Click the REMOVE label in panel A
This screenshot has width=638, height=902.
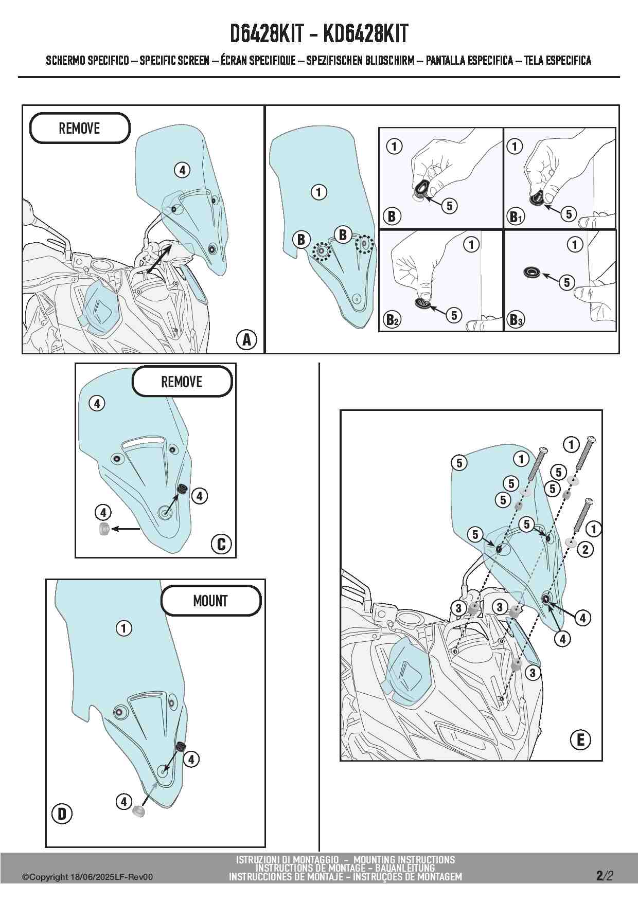79,128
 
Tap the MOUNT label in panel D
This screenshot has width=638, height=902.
210,601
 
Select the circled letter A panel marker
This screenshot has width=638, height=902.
246,339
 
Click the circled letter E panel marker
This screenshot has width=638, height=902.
580,740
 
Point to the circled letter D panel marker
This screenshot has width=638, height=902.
62,814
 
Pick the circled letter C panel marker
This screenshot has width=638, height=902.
221,544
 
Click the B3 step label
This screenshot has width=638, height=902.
516,320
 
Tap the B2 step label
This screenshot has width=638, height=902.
392,320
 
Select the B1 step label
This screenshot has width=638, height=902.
516,217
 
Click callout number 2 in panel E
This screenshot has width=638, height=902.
585,549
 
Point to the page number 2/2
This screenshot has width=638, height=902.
605,875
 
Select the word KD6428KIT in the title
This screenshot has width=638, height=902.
365,34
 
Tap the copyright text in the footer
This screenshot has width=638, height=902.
87,877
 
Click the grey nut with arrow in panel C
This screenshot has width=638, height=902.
103,529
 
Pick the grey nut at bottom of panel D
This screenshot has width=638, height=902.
138,811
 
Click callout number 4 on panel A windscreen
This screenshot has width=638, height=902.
182,170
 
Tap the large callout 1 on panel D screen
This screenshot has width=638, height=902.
123,628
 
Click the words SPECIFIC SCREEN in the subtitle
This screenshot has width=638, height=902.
174,61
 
